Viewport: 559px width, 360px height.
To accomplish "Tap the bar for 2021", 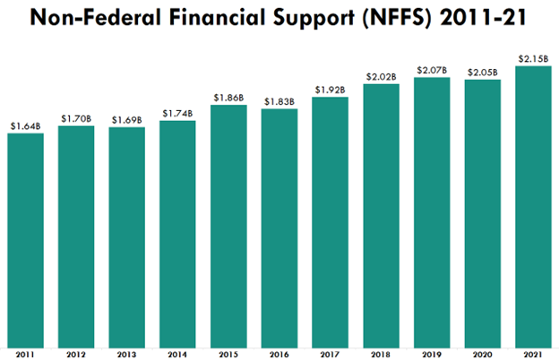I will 533,206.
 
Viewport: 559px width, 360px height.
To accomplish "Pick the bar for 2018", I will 381,215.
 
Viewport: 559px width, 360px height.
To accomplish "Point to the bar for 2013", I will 127,237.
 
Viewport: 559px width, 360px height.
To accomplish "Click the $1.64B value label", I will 25,124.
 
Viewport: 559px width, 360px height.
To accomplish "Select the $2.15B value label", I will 533,58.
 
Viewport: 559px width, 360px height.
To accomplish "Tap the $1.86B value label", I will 228,97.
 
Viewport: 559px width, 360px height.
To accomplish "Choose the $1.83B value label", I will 279,101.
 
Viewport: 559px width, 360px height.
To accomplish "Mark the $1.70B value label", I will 76,117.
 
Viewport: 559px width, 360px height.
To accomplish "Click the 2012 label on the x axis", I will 76,354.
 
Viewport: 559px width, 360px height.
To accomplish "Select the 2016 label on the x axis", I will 279,354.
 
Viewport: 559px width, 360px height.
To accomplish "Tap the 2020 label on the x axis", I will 482,354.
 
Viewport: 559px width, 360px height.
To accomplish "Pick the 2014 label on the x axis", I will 177,354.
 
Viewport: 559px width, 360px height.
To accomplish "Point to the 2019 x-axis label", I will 432,354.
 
